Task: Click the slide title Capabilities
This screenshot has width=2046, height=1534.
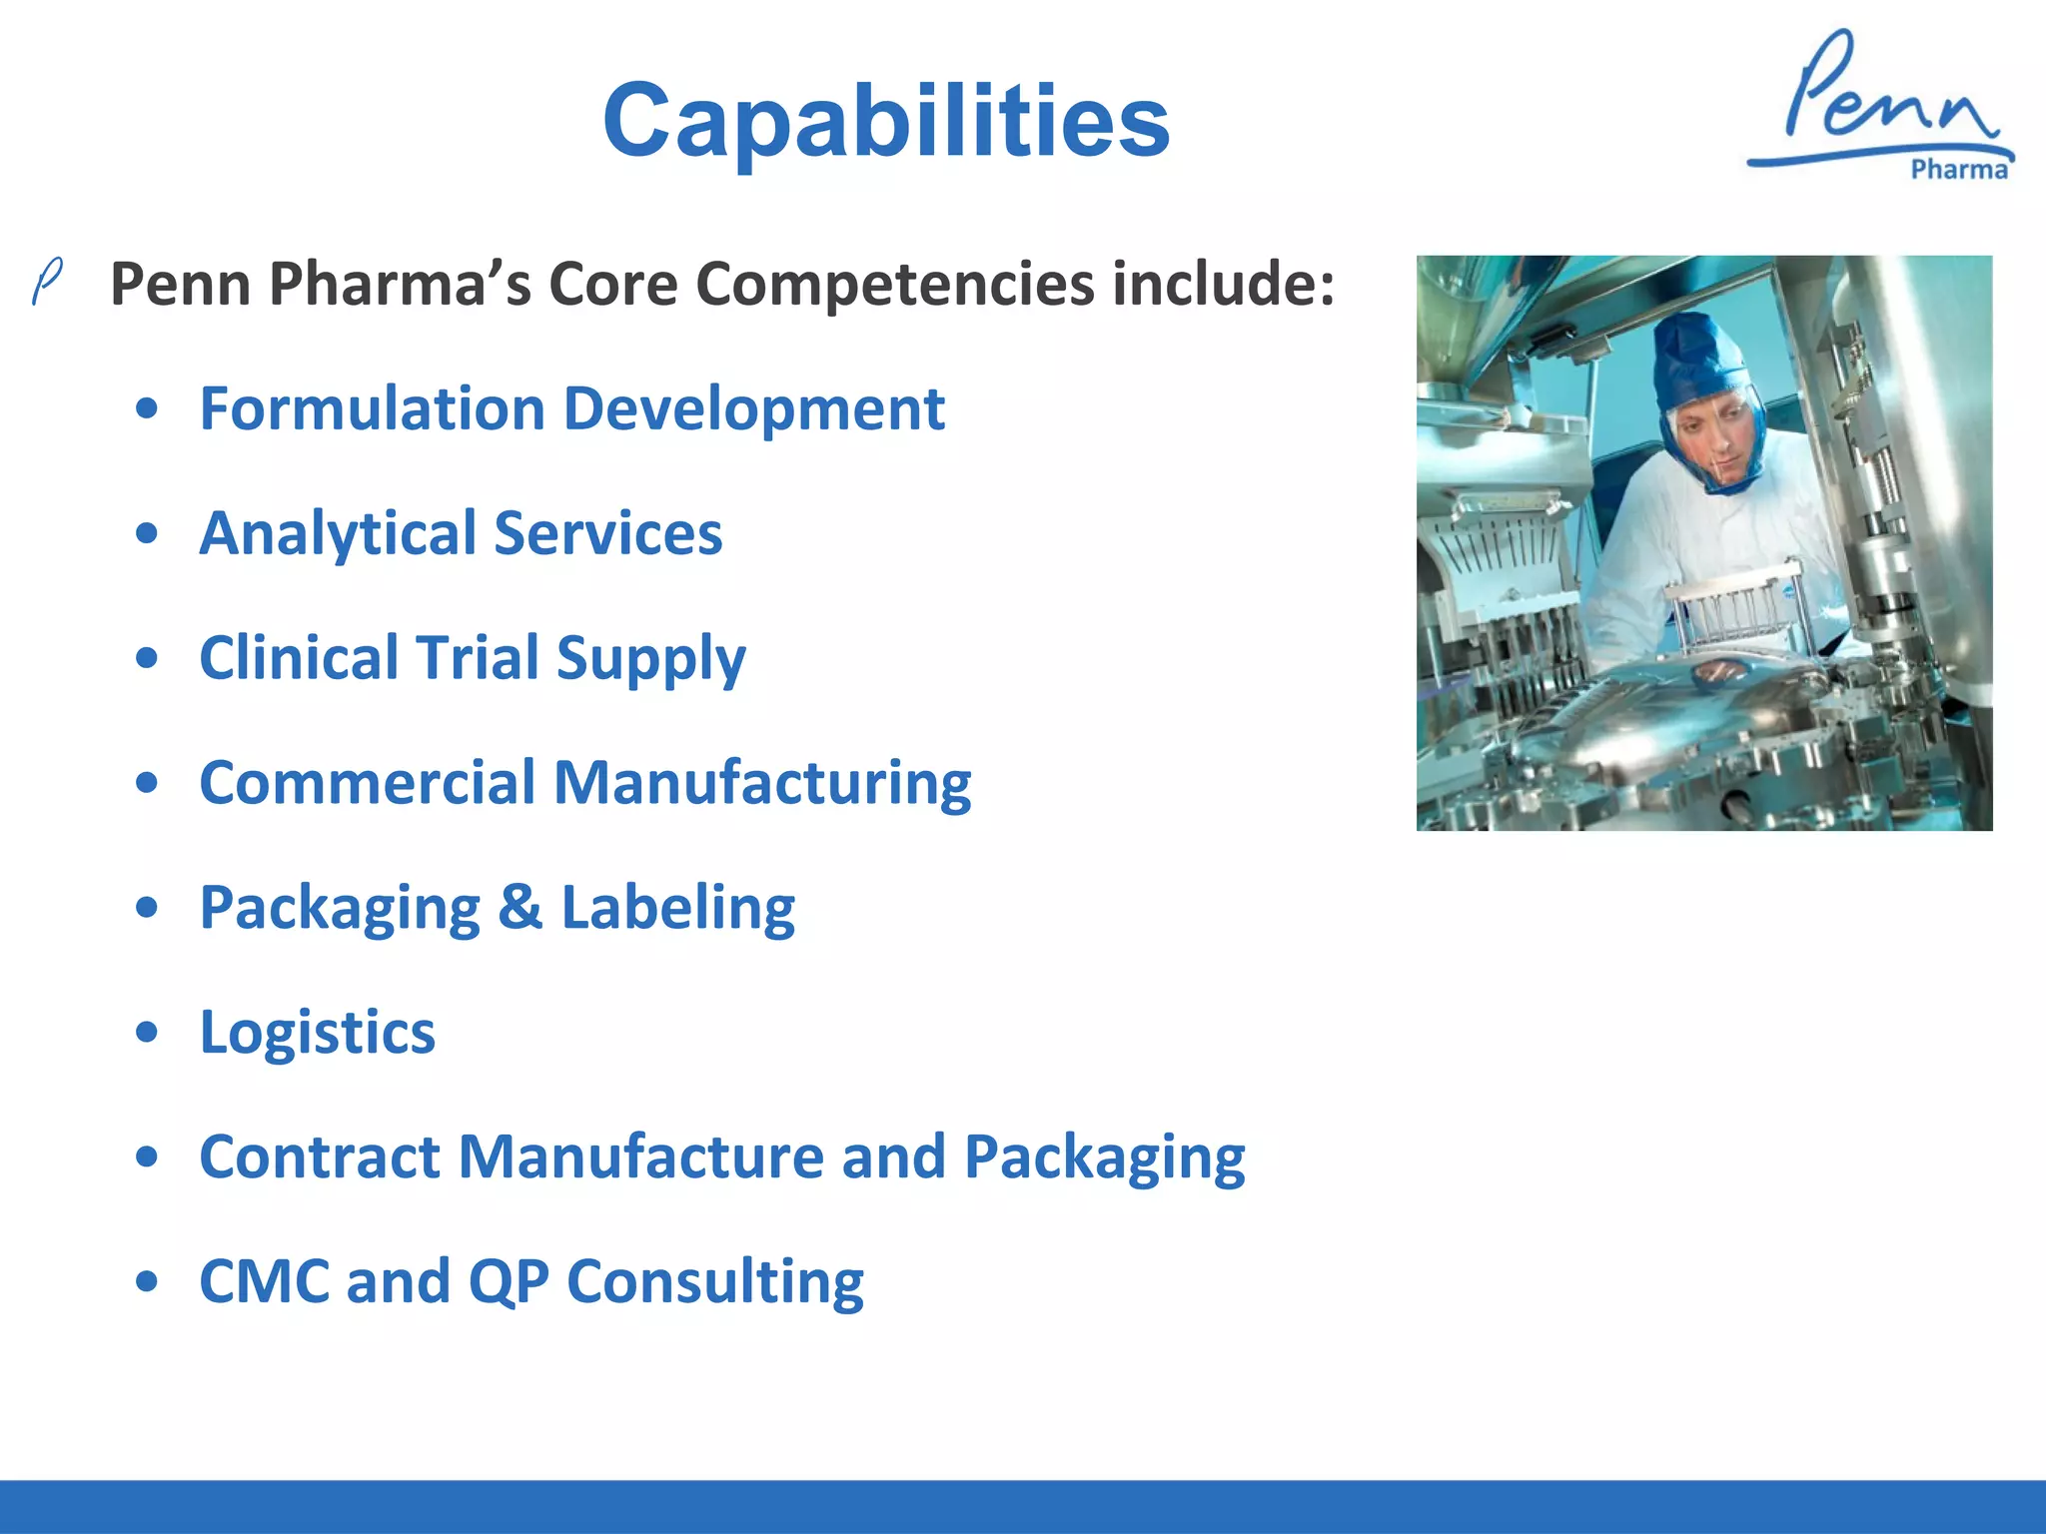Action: click(885, 121)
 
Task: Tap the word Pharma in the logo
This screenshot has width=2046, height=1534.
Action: click(1958, 170)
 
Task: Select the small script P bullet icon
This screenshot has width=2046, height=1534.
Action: click(47, 281)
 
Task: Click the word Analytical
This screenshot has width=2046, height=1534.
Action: click(337, 534)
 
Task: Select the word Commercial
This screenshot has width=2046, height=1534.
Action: click(367, 783)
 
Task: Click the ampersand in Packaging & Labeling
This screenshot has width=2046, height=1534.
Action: click(519, 907)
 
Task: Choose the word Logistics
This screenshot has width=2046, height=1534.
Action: click(317, 1033)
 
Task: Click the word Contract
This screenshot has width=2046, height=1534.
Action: click(320, 1157)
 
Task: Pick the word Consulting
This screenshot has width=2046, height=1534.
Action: click(714, 1281)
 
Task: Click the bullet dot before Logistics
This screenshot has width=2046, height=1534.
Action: click(147, 1033)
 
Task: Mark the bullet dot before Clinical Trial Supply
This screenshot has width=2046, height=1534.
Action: click(147, 658)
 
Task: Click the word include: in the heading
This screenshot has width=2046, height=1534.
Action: click(1223, 285)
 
